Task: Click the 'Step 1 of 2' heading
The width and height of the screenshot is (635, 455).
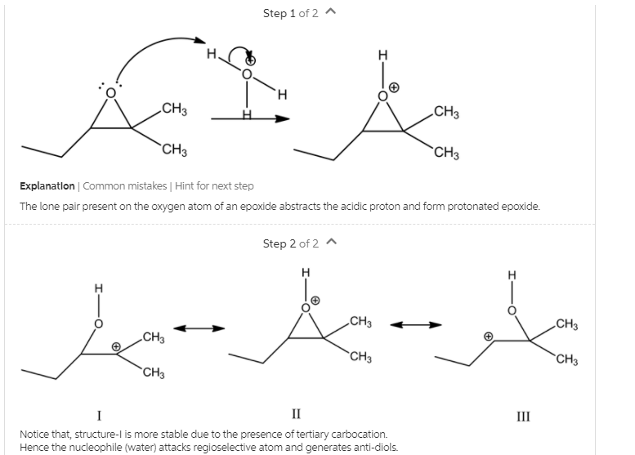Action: coord(290,13)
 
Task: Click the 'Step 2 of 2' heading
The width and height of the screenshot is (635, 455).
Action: coord(290,243)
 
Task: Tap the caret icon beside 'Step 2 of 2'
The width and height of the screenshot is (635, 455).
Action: coord(331,243)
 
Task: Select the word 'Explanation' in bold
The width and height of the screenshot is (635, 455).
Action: coord(47,186)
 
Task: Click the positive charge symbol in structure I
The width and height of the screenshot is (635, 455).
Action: coord(117,347)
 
